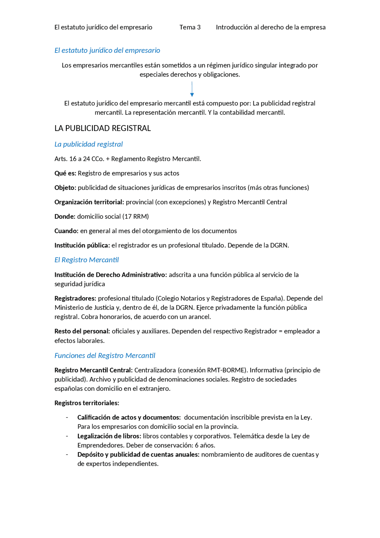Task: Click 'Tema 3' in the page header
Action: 190,27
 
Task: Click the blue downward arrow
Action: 192,89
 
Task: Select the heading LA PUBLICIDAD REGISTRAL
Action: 102,128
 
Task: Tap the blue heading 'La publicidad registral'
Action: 88,144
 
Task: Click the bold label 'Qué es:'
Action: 65,173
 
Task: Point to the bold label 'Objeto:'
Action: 65,188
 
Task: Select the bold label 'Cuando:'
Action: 66,231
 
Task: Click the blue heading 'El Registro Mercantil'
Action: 86,260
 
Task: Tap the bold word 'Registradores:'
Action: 75,299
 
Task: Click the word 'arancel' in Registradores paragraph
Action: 200,317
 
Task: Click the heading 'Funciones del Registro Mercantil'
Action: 105,356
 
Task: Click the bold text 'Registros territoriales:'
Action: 87,403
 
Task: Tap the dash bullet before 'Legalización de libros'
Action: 67,436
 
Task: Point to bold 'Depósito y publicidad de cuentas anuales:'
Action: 138,455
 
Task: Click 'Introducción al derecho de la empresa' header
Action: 270,27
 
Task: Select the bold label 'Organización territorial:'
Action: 89,202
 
